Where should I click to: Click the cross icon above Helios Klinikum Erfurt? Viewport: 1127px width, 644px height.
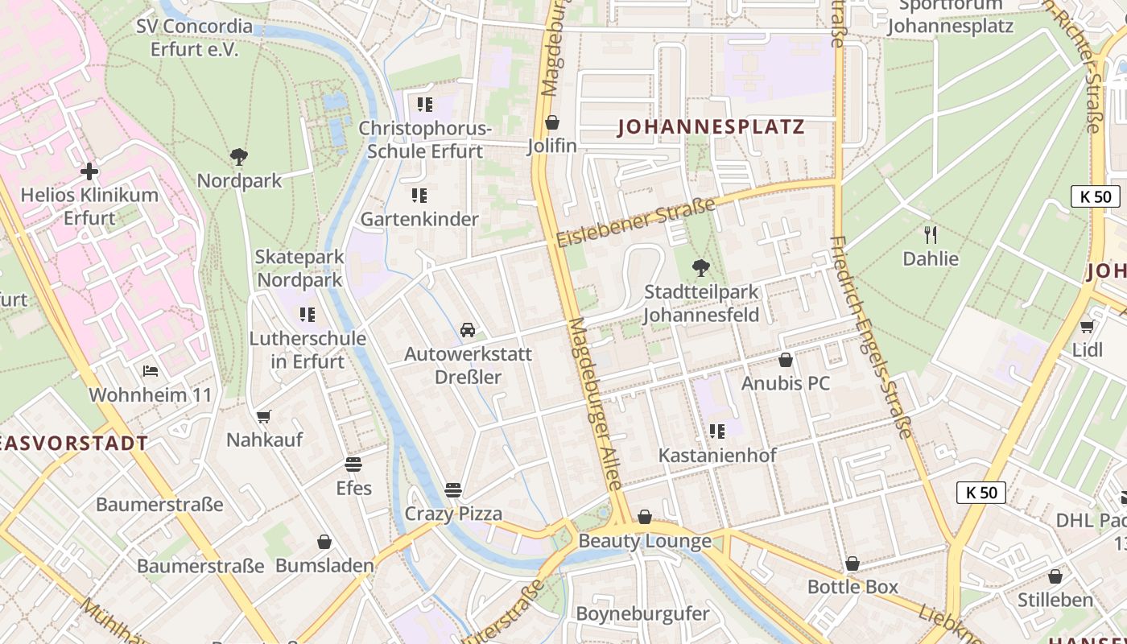[x=89, y=171]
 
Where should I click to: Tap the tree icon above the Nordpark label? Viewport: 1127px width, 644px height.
[x=238, y=156]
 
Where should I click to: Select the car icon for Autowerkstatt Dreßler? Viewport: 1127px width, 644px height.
[x=468, y=330]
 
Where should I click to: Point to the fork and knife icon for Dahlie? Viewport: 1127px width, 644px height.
[x=931, y=234]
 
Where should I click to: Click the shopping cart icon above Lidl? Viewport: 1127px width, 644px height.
[x=1088, y=326]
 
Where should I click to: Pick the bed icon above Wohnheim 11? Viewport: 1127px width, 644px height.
[x=151, y=371]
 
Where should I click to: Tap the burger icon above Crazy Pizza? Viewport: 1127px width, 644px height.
[x=453, y=489]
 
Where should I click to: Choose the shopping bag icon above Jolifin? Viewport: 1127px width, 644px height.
[x=552, y=122]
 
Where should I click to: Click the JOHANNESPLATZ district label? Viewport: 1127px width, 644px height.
[x=711, y=127]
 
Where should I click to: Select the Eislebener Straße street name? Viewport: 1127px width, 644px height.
[x=635, y=223]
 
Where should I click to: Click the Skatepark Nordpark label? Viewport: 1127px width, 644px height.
[x=299, y=269]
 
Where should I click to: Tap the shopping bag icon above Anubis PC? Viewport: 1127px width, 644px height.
[x=786, y=359]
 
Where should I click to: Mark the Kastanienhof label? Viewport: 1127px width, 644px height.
[x=717, y=455]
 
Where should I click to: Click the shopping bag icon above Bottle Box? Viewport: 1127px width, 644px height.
[x=852, y=563]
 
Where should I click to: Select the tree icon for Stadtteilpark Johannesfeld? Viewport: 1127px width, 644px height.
[x=701, y=267]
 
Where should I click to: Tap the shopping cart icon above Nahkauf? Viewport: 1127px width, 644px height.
[x=263, y=416]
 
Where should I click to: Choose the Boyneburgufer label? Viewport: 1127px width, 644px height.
[x=642, y=613]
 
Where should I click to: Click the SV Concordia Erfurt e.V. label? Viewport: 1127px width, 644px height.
[x=194, y=37]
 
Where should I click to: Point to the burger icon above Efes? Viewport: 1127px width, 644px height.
[x=353, y=464]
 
